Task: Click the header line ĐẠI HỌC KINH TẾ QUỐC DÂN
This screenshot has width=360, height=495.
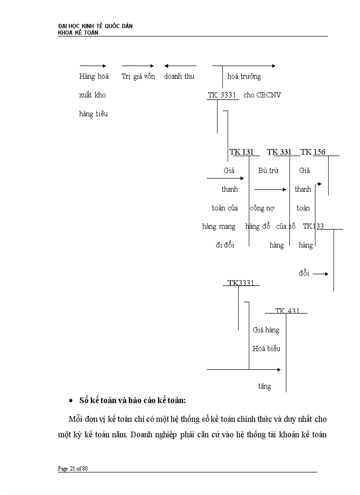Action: (95, 26)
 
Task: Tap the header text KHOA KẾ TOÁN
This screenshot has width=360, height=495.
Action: (78, 33)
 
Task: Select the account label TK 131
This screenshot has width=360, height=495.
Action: (242, 152)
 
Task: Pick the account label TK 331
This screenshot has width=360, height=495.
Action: (280, 152)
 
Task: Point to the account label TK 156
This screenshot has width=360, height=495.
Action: (313, 152)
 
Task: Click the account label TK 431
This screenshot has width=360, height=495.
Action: (287, 311)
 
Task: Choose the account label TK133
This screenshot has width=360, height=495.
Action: (313, 226)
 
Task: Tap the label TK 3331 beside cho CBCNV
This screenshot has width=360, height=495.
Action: (223, 95)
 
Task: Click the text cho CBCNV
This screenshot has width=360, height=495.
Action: (262, 95)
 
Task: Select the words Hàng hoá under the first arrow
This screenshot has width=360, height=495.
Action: (94, 76)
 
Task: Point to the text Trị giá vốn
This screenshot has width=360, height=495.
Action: (138, 76)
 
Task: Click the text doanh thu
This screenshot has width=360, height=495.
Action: (179, 76)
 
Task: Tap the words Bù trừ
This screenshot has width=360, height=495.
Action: (268, 171)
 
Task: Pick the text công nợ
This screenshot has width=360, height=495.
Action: (262, 208)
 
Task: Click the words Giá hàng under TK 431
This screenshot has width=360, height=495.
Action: (266, 329)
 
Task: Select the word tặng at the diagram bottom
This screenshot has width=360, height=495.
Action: (265, 386)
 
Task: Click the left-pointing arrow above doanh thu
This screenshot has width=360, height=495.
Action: (180, 66)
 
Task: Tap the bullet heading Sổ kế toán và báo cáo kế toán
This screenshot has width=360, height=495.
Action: (133, 400)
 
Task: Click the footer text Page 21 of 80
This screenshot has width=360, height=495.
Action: (73, 469)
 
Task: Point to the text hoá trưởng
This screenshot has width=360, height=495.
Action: (244, 76)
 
